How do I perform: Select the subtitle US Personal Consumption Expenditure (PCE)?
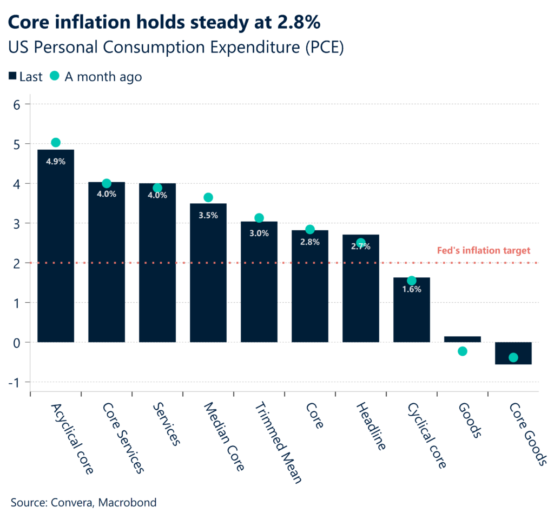pyautogui.click(x=176, y=47)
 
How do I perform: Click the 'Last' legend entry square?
pyautogui.click(x=12, y=77)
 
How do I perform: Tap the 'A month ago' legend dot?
pyautogui.click(x=54, y=76)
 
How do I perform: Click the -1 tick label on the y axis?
pyautogui.click(x=14, y=382)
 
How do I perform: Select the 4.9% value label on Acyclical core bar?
pyautogui.click(x=56, y=161)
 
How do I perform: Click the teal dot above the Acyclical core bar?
pyautogui.click(x=56, y=143)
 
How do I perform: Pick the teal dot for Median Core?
pyautogui.click(x=208, y=198)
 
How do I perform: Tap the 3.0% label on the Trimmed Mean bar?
pyautogui.click(x=259, y=234)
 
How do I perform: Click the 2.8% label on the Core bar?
pyautogui.click(x=310, y=242)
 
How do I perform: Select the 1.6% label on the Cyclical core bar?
pyautogui.click(x=412, y=289)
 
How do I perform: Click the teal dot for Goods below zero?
pyautogui.click(x=463, y=351)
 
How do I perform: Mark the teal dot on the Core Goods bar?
pyautogui.click(x=513, y=357)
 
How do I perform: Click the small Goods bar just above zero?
pyautogui.click(x=463, y=339)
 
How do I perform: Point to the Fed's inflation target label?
pyautogui.click(x=483, y=250)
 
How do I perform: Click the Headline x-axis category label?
pyautogui.click(x=371, y=427)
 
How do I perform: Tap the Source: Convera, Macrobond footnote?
pyautogui.click(x=83, y=503)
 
